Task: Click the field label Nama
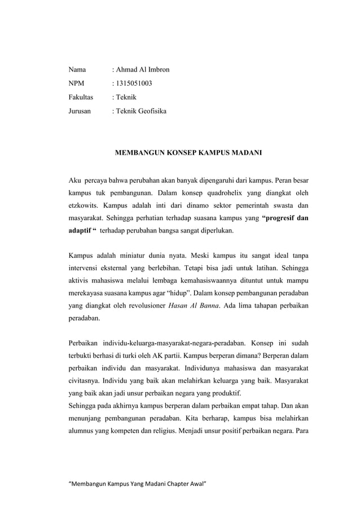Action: (77, 70)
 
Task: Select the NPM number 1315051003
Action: (134, 84)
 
